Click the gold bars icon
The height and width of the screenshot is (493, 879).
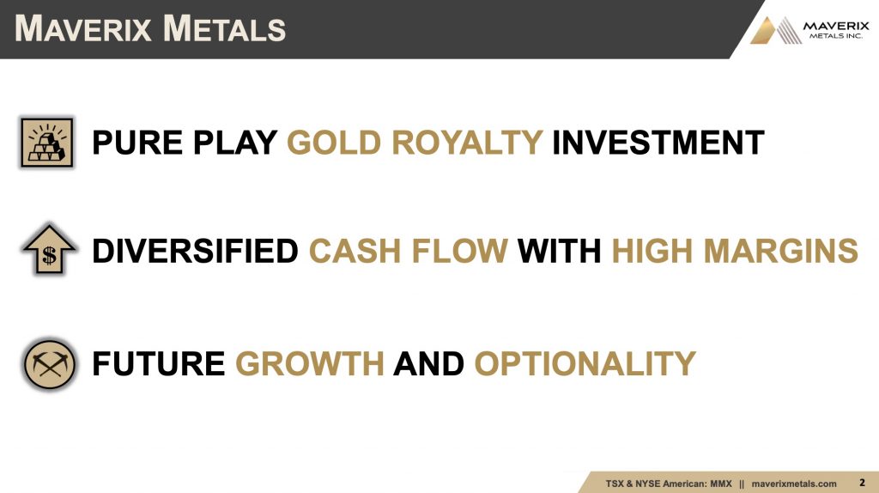[47, 143]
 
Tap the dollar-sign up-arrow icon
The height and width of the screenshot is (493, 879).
[49, 249]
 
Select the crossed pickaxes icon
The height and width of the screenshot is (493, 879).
[49, 364]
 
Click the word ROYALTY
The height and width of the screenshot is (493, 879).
[467, 143]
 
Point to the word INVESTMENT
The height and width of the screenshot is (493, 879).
[658, 143]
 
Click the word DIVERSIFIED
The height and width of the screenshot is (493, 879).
[195, 251]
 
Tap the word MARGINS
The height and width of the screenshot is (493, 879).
[780, 251]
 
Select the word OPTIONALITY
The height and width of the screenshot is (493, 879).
[585, 363]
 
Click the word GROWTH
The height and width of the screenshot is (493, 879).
[309, 363]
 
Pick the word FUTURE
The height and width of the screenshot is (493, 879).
[158, 363]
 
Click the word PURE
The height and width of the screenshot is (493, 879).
[136, 143]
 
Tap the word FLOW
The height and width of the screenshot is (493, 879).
[459, 251]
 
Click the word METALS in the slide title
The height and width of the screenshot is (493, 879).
[225, 28]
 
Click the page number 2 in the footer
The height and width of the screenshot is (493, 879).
[862, 483]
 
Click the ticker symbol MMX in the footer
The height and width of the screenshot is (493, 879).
[721, 484]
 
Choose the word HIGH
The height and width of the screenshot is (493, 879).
[652, 251]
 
